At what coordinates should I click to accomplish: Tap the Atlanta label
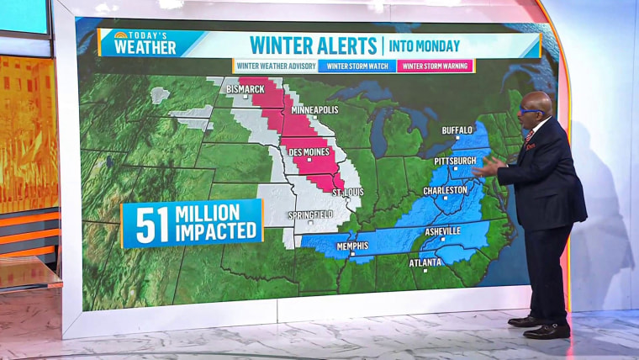[425, 262]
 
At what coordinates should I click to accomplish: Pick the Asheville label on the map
[441, 230]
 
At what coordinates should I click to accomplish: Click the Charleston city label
[446, 190]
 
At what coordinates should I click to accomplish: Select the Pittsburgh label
[456, 160]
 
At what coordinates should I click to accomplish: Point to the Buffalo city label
[458, 130]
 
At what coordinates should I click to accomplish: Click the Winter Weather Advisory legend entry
[274, 66]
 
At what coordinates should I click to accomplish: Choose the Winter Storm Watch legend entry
[356, 66]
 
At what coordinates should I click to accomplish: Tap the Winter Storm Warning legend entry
[435, 66]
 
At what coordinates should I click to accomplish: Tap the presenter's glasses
[531, 110]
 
